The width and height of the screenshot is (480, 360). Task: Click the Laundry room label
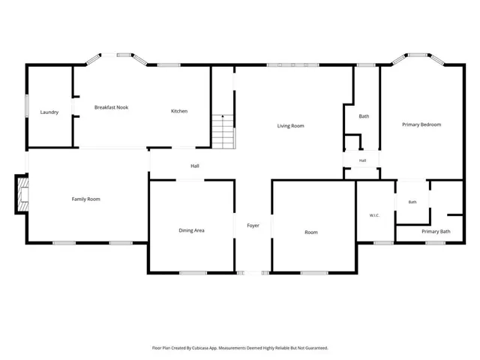pos(49,112)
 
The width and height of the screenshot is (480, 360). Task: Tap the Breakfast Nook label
pos(111,107)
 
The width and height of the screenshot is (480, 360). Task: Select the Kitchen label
pos(179,111)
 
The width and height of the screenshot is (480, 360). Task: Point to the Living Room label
pos(290,125)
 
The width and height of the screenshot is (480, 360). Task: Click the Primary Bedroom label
pos(421,124)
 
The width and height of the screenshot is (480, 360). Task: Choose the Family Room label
pos(85,199)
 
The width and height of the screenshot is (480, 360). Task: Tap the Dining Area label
pos(191,230)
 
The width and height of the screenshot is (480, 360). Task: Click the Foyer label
pos(253,225)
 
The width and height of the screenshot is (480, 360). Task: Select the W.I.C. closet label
pos(374,215)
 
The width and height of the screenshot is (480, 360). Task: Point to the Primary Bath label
pos(436,232)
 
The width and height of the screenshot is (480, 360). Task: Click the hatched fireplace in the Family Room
pos(23,194)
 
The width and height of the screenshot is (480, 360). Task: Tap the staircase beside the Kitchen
pos(223,132)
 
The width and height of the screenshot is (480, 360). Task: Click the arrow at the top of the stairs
pos(223,117)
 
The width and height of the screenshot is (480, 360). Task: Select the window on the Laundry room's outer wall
pos(27,106)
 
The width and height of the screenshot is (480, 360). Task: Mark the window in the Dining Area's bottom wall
pos(193,273)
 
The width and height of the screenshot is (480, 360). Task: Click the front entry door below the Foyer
pos(253,273)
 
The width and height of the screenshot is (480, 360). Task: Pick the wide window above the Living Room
pos(293,65)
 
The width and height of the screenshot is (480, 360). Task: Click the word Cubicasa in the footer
pos(200,348)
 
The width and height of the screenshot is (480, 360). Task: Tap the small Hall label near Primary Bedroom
pos(362,160)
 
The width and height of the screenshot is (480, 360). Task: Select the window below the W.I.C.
pos(383,243)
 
